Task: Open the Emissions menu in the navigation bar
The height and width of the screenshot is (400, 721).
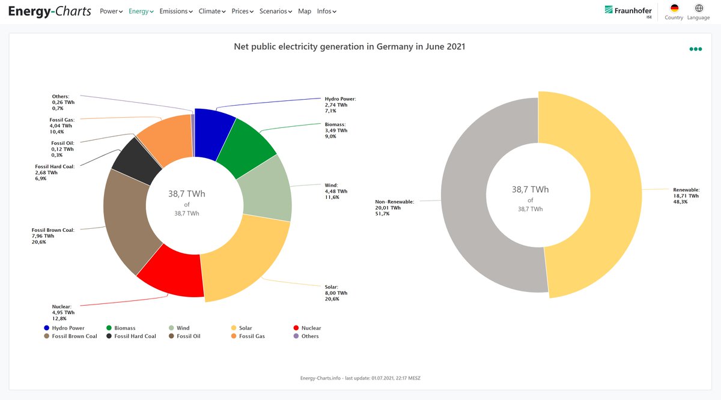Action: (x=176, y=11)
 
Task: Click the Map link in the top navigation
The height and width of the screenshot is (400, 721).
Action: (x=305, y=11)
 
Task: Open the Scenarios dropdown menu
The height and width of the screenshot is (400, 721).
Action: (x=276, y=11)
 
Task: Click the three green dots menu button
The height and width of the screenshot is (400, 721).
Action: (x=695, y=49)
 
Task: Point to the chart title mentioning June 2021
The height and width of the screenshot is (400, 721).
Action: (x=349, y=47)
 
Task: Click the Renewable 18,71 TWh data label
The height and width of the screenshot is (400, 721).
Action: (x=686, y=196)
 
